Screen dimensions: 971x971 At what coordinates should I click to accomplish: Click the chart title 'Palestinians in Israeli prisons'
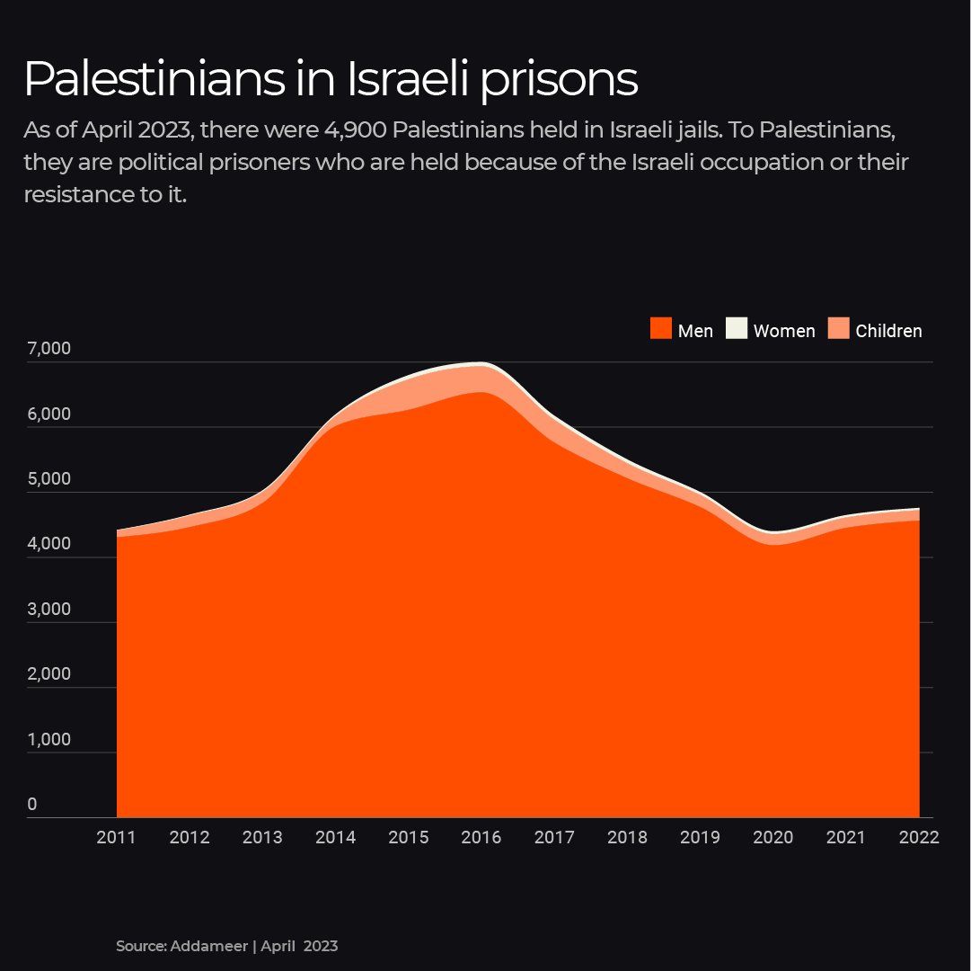click(x=331, y=80)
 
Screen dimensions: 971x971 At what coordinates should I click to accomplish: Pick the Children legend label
click(x=888, y=331)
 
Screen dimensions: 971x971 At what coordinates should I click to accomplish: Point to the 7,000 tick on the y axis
click(x=49, y=349)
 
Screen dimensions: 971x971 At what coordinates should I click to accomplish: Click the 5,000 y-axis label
click(x=49, y=479)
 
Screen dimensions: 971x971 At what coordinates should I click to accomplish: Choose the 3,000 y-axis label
click(x=49, y=610)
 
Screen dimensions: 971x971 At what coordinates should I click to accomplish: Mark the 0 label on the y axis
click(x=32, y=804)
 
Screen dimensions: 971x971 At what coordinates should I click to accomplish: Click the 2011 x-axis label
click(x=116, y=838)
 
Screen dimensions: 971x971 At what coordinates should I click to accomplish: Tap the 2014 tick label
click(x=335, y=838)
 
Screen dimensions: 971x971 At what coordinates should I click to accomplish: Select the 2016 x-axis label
click(x=481, y=838)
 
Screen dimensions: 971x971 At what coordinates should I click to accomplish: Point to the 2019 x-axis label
click(x=700, y=838)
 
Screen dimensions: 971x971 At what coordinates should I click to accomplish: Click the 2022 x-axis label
click(x=918, y=838)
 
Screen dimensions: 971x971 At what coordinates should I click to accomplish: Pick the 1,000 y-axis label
click(x=49, y=740)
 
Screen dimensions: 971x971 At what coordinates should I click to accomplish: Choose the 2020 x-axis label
click(x=772, y=838)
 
